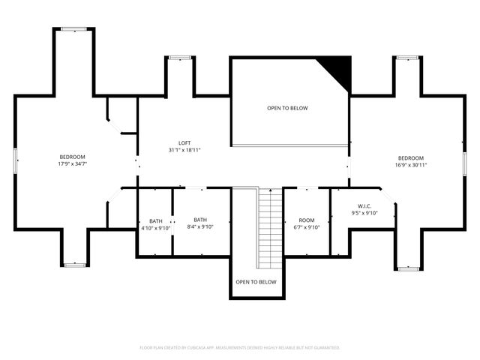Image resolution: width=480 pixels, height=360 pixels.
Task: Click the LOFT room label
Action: (184, 142)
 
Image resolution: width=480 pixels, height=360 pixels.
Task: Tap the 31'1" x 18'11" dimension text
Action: (184, 149)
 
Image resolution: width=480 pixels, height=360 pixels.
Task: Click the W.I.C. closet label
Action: (364, 205)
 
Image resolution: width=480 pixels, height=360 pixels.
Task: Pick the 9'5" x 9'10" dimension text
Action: (364, 212)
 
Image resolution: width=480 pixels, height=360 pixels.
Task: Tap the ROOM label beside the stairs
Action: (306, 220)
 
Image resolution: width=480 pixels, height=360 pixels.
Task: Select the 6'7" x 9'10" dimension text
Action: (306, 227)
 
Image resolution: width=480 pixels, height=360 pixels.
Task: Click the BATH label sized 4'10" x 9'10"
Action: (155, 220)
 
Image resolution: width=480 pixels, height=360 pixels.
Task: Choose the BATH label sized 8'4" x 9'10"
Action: (200, 220)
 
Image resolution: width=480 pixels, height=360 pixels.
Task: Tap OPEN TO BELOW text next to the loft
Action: (287, 108)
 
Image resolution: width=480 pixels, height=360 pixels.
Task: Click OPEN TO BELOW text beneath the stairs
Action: (256, 282)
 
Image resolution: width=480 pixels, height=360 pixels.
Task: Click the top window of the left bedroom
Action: (73, 29)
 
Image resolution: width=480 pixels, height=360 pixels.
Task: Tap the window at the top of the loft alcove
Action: (180, 57)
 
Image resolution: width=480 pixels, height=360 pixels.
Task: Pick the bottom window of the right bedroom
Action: (409, 268)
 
